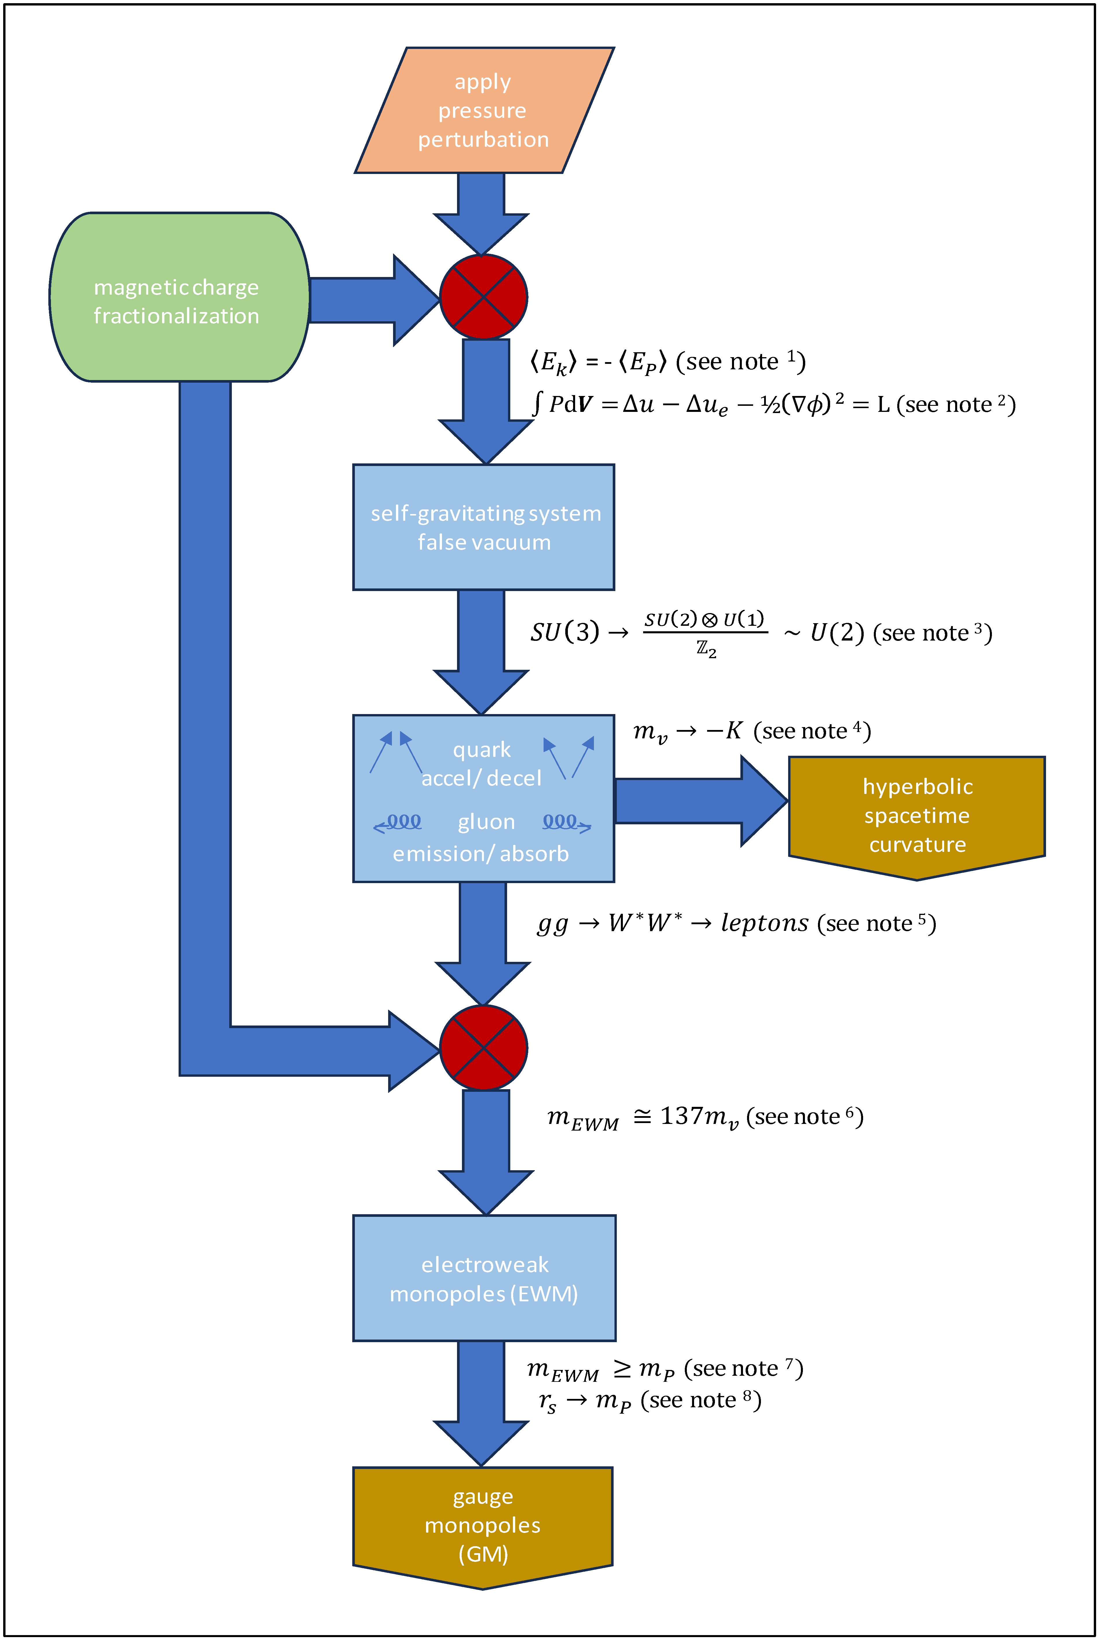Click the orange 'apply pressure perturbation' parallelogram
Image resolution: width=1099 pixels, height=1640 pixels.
pyautogui.click(x=484, y=111)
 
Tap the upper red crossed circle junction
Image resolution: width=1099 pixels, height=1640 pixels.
pyautogui.click(x=484, y=297)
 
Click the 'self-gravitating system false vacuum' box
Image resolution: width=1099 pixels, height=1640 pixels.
pyautogui.click(x=484, y=527)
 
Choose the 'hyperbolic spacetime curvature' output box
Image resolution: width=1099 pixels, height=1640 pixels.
pyautogui.click(x=917, y=815)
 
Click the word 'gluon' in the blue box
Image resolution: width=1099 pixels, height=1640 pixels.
pyautogui.click(x=487, y=822)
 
